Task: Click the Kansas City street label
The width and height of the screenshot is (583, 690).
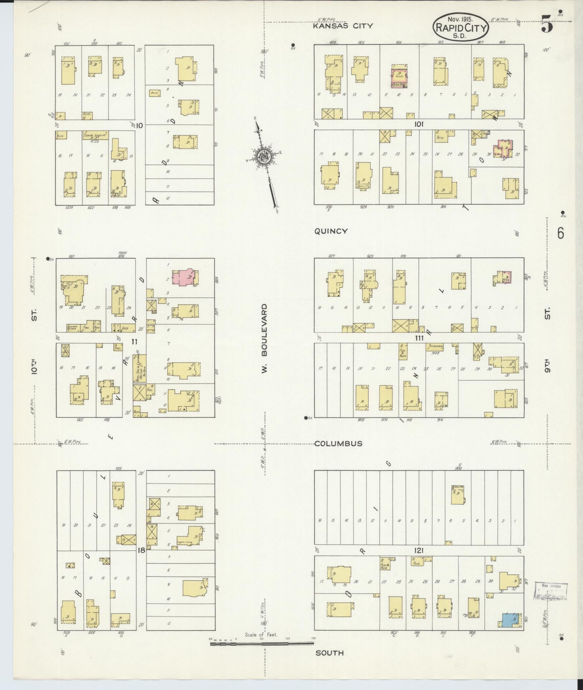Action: point(343,26)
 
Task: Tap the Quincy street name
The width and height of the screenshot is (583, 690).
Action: point(331,231)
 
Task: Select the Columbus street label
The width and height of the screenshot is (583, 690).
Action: point(338,444)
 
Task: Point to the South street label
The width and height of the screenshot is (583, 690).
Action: point(329,653)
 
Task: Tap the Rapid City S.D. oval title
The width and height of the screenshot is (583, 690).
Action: point(461,28)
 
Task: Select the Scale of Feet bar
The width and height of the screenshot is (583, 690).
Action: point(262,644)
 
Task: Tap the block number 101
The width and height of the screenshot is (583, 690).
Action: point(419,124)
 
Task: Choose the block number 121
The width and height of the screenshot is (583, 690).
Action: point(418,551)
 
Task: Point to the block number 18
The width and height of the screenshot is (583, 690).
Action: point(141,550)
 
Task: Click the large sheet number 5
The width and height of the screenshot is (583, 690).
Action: point(546,25)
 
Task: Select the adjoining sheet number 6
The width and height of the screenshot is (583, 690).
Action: point(560,233)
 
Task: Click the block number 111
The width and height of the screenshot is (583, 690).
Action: point(419,338)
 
